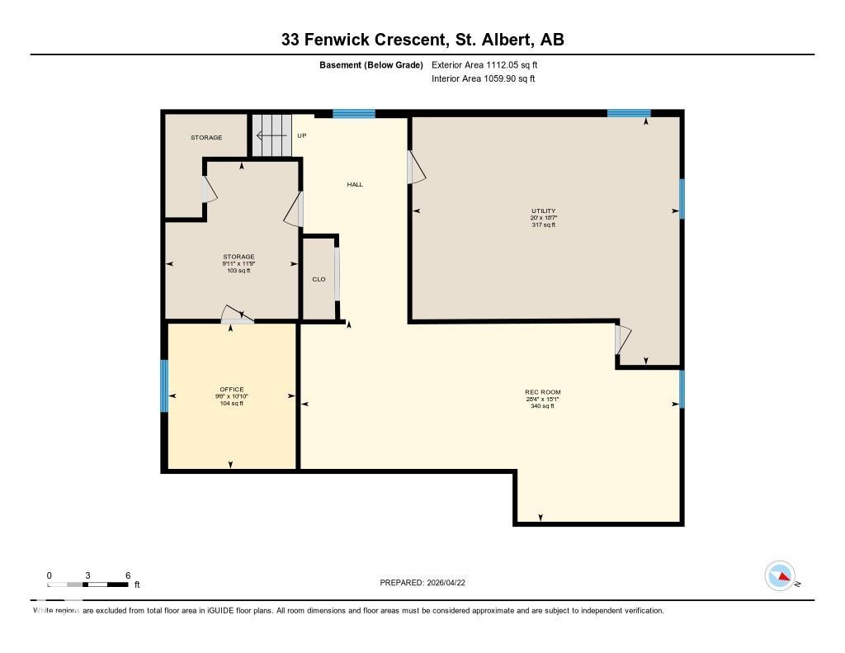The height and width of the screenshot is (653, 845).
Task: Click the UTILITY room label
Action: pos(544,211)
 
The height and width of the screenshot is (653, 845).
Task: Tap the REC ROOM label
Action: pos(543,392)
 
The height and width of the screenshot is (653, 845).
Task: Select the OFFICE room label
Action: pos(231,390)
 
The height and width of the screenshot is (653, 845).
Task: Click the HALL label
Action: pos(355,185)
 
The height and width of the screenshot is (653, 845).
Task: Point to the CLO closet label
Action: pos(319,279)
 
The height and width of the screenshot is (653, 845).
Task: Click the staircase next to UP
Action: pos(272,135)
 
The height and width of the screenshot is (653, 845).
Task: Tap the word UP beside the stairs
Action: pos(302,135)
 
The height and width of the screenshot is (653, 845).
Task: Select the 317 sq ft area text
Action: pos(544,225)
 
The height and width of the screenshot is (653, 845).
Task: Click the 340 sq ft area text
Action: pos(543,406)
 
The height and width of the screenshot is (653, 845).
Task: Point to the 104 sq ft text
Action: pos(231,404)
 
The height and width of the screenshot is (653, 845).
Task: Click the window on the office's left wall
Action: pos(164,386)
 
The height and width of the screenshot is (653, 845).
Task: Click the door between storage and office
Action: pos(238,315)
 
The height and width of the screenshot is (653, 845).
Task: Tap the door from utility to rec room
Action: pos(622,339)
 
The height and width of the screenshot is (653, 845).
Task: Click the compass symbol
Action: pos(780,575)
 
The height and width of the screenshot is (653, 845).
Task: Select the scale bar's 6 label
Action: pos(127,575)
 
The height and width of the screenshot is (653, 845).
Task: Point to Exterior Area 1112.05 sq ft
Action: pos(485,64)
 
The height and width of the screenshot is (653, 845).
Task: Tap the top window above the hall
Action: pos(354,114)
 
